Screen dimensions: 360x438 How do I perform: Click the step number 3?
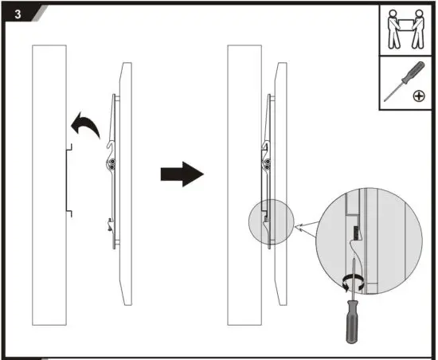(x=12, y=14)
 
